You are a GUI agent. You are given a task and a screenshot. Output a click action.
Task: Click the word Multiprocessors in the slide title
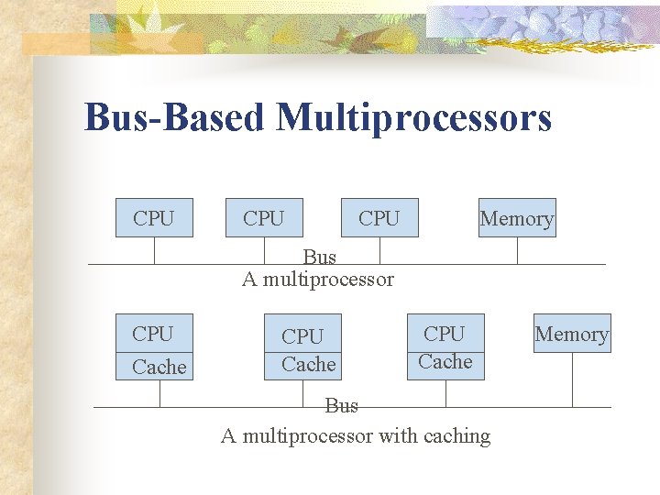(x=413, y=117)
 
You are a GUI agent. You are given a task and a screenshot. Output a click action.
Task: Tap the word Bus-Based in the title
(x=175, y=117)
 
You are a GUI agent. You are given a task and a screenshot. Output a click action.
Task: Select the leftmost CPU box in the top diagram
(x=154, y=218)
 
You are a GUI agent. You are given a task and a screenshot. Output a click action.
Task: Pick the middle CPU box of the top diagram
(x=264, y=218)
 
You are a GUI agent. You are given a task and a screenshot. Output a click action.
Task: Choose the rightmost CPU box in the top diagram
(x=379, y=218)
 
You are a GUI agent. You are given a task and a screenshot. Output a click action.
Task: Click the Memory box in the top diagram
(x=517, y=218)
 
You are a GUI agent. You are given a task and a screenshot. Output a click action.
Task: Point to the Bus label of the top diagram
(x=320, y=258)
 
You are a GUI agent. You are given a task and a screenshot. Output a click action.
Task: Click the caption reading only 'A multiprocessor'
(x=318, y=279)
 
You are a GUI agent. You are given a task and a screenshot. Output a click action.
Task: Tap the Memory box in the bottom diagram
(x=572, y=334)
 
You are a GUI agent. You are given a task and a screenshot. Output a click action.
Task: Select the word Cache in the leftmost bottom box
(x=159, y=367)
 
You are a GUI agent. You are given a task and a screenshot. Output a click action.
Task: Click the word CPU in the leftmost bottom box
(x=153, y=333)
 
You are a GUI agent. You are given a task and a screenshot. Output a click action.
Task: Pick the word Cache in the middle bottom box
(x=309, y=364)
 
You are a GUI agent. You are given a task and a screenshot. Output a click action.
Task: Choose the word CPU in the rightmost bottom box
(x=445, y=334)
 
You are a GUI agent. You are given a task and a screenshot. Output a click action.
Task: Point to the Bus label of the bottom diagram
(x=342, y=405)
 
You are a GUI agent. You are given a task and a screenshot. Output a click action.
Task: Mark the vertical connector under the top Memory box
(x=517, y=251)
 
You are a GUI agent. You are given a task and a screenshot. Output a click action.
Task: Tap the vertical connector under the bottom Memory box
(x=572, y=379)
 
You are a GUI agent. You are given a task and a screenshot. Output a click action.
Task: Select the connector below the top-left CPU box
(x=154, y=251)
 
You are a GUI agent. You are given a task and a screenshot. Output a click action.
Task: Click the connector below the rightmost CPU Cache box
(x=445, y=393)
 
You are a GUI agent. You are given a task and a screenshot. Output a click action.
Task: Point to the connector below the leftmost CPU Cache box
(x=160, y=393)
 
